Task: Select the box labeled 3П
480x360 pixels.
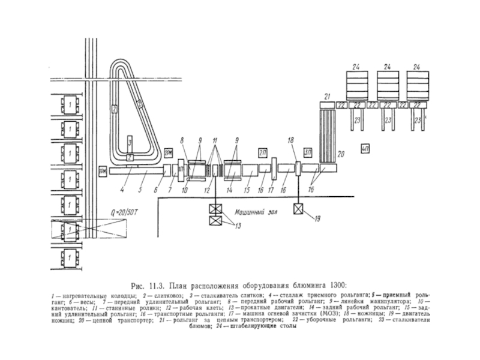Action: click(x=308, y=151)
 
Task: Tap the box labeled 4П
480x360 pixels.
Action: click(x=366, y=148)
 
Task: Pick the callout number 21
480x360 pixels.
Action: click(x=327, y=96)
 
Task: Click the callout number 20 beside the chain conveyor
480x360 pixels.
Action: click(x=342, y=154)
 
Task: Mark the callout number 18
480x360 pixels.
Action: click(x=291, y=140)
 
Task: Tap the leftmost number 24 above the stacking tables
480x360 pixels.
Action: click(x=356, y=66)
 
